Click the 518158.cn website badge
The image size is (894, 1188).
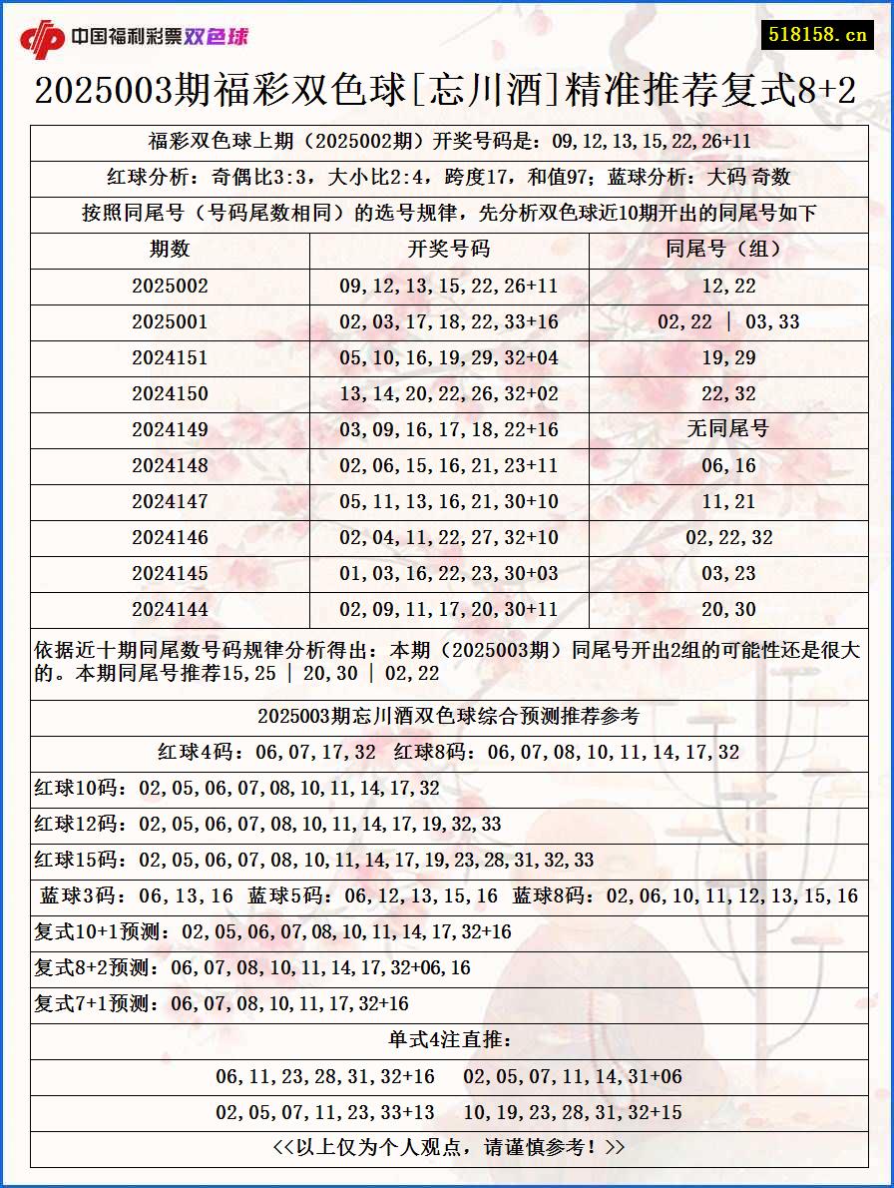[x=816, y=35]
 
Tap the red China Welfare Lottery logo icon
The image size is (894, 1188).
[x=42, y=39]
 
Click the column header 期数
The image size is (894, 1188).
[x=170, y=250]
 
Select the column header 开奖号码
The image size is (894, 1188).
[x=449, y=250]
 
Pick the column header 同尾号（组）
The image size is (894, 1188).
[x=728, y=250]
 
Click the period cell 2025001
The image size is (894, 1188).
[x=170, y=321]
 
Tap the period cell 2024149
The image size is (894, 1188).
[x=170, y=429]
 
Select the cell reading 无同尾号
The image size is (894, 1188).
[x=728, y=429]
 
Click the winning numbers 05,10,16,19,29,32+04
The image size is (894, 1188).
[x=449, y=357]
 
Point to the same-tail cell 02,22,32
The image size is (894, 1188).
[x=728, y=537]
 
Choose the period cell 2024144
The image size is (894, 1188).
[x=170, y=609]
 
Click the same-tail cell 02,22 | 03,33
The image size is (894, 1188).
[x=728, y=321]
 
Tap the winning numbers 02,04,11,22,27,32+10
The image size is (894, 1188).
[x=449, y=537]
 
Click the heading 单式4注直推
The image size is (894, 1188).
[x=449, y=1040]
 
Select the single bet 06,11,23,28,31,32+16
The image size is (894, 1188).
[x=325, y=1076]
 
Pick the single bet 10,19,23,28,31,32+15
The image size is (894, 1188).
[x=573, y=1112]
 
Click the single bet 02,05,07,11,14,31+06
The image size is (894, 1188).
[x=573, y=1076]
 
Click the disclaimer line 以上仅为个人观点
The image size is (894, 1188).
[x=449, y=1148]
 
